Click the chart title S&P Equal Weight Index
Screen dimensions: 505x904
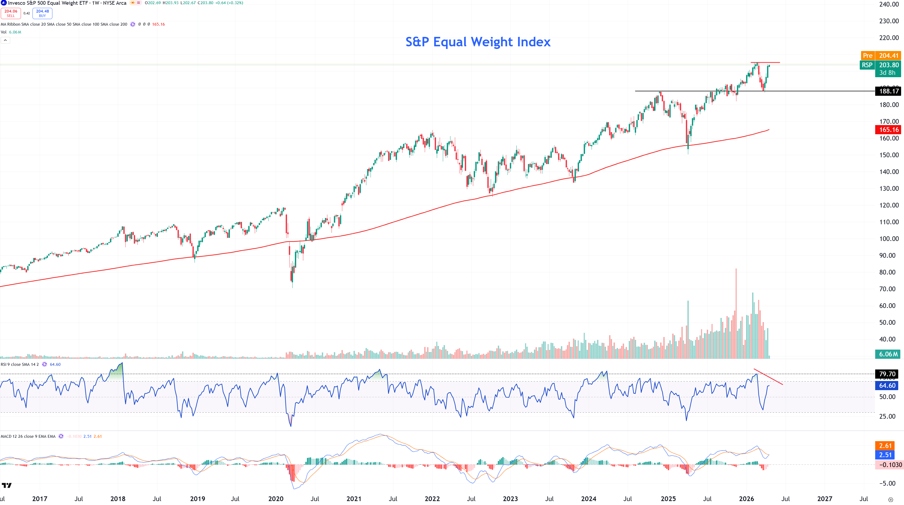[x=478, y=42]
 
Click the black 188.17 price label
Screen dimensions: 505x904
[x=889, y=91]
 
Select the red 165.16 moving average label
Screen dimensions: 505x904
[x=889, y=130]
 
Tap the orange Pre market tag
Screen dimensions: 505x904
[x=868, y=55]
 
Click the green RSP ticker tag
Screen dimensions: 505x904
[x=867, y=65]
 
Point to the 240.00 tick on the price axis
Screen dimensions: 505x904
[x=889, y=4]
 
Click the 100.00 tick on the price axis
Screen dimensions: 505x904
[x=889, y=239]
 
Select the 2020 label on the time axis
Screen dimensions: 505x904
[x=275, y=499]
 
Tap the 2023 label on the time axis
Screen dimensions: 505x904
[x=510, y=499]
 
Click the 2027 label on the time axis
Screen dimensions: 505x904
[x=824, y=499]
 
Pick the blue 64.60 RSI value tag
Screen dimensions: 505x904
[x=887, y=385]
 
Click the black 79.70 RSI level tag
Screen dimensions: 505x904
[x=887, y=374]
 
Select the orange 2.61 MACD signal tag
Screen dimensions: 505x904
[x=885, y=446]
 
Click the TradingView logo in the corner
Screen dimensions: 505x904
[x=7, y=485]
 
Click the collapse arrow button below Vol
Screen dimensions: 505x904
[x=5, y=40]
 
